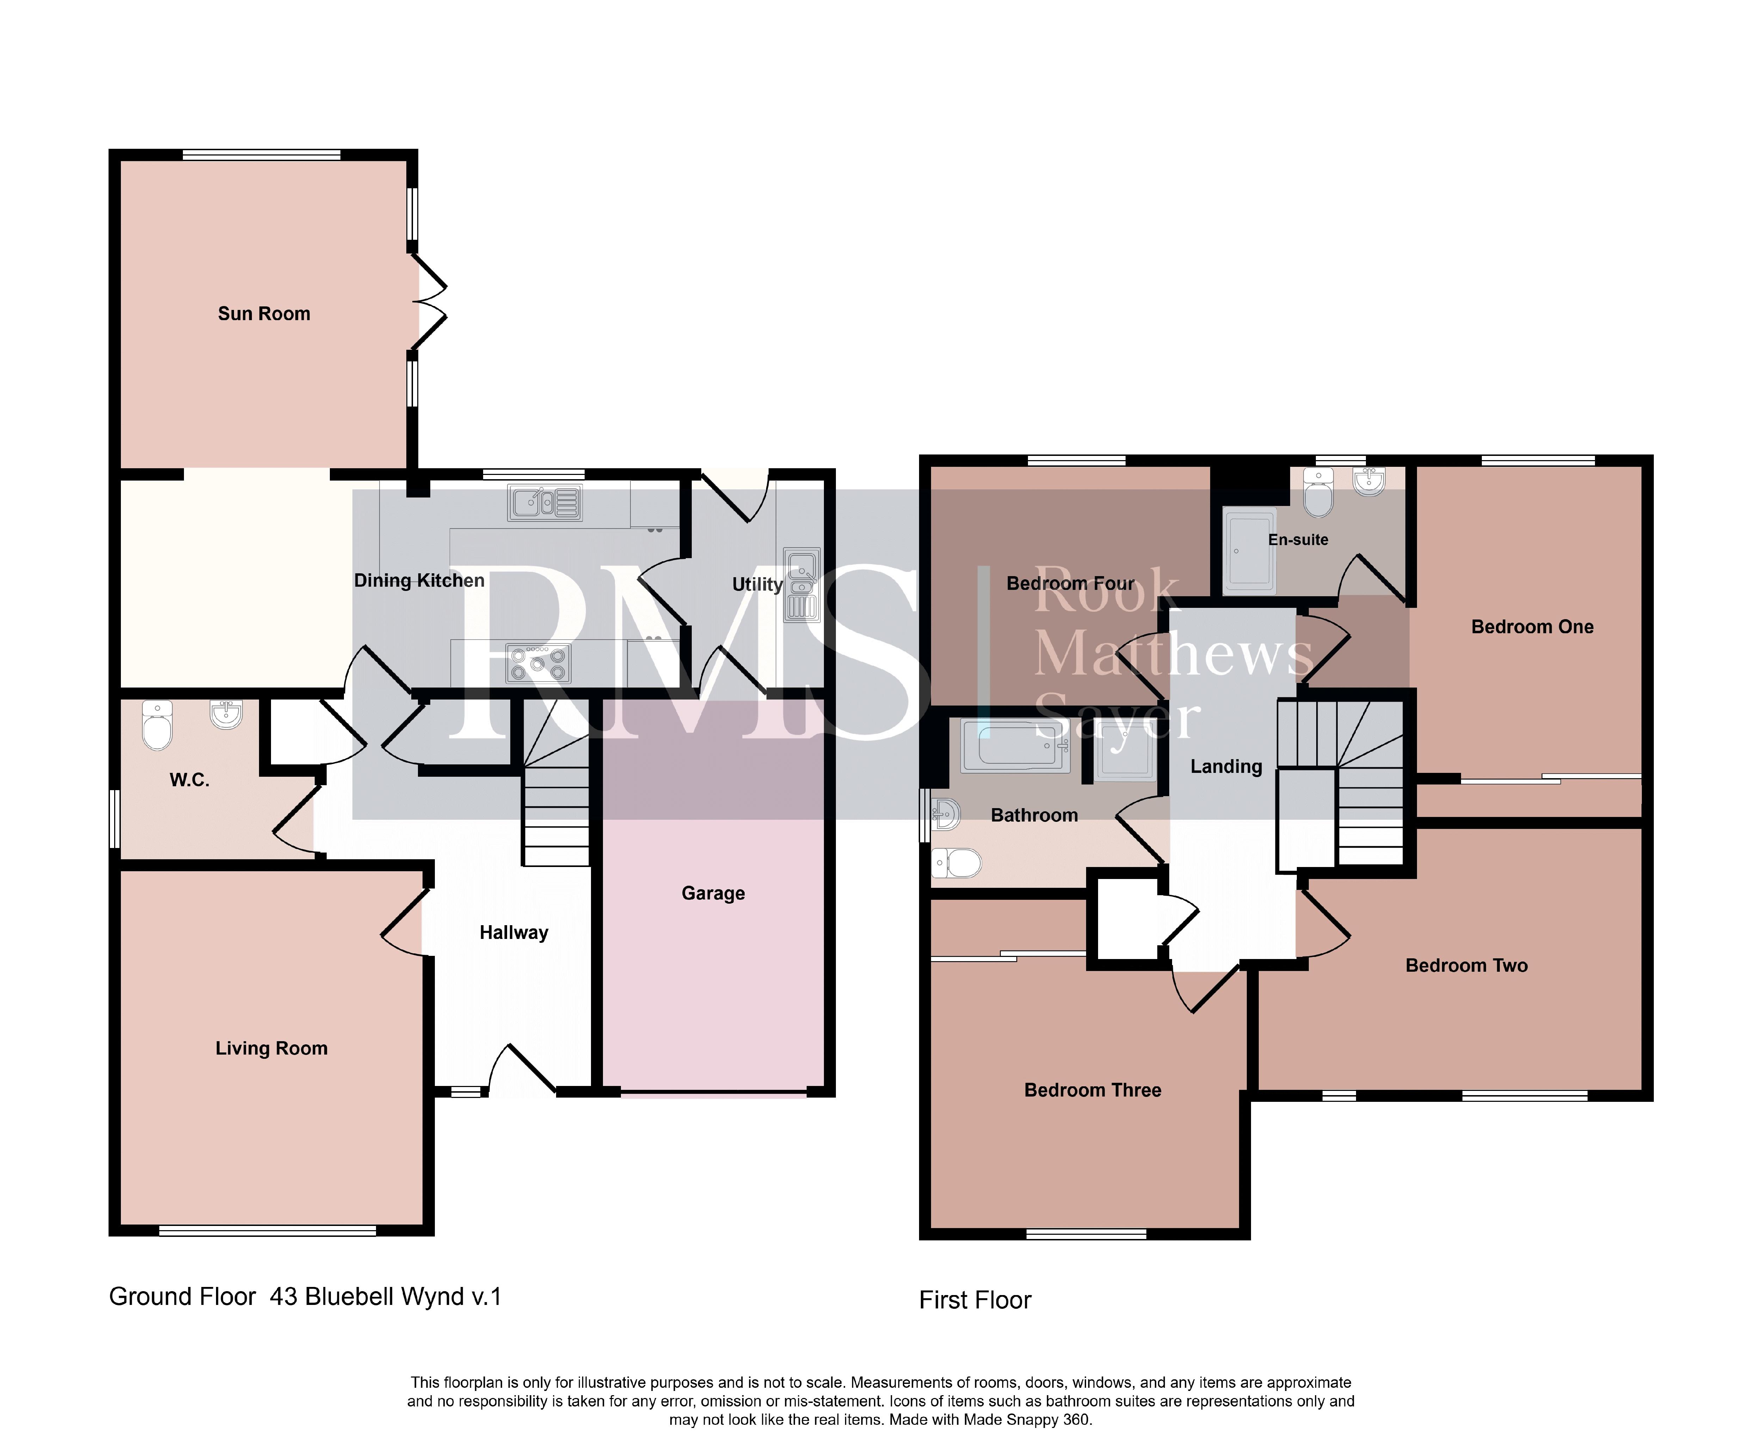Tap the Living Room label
click(x=271, y=1049)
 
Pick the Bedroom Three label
click(x=1093, y=1090)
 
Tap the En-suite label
click(x=1298, y=540)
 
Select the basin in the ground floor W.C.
click(x=226, y=715)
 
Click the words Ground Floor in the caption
click(x=183, y=1296)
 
